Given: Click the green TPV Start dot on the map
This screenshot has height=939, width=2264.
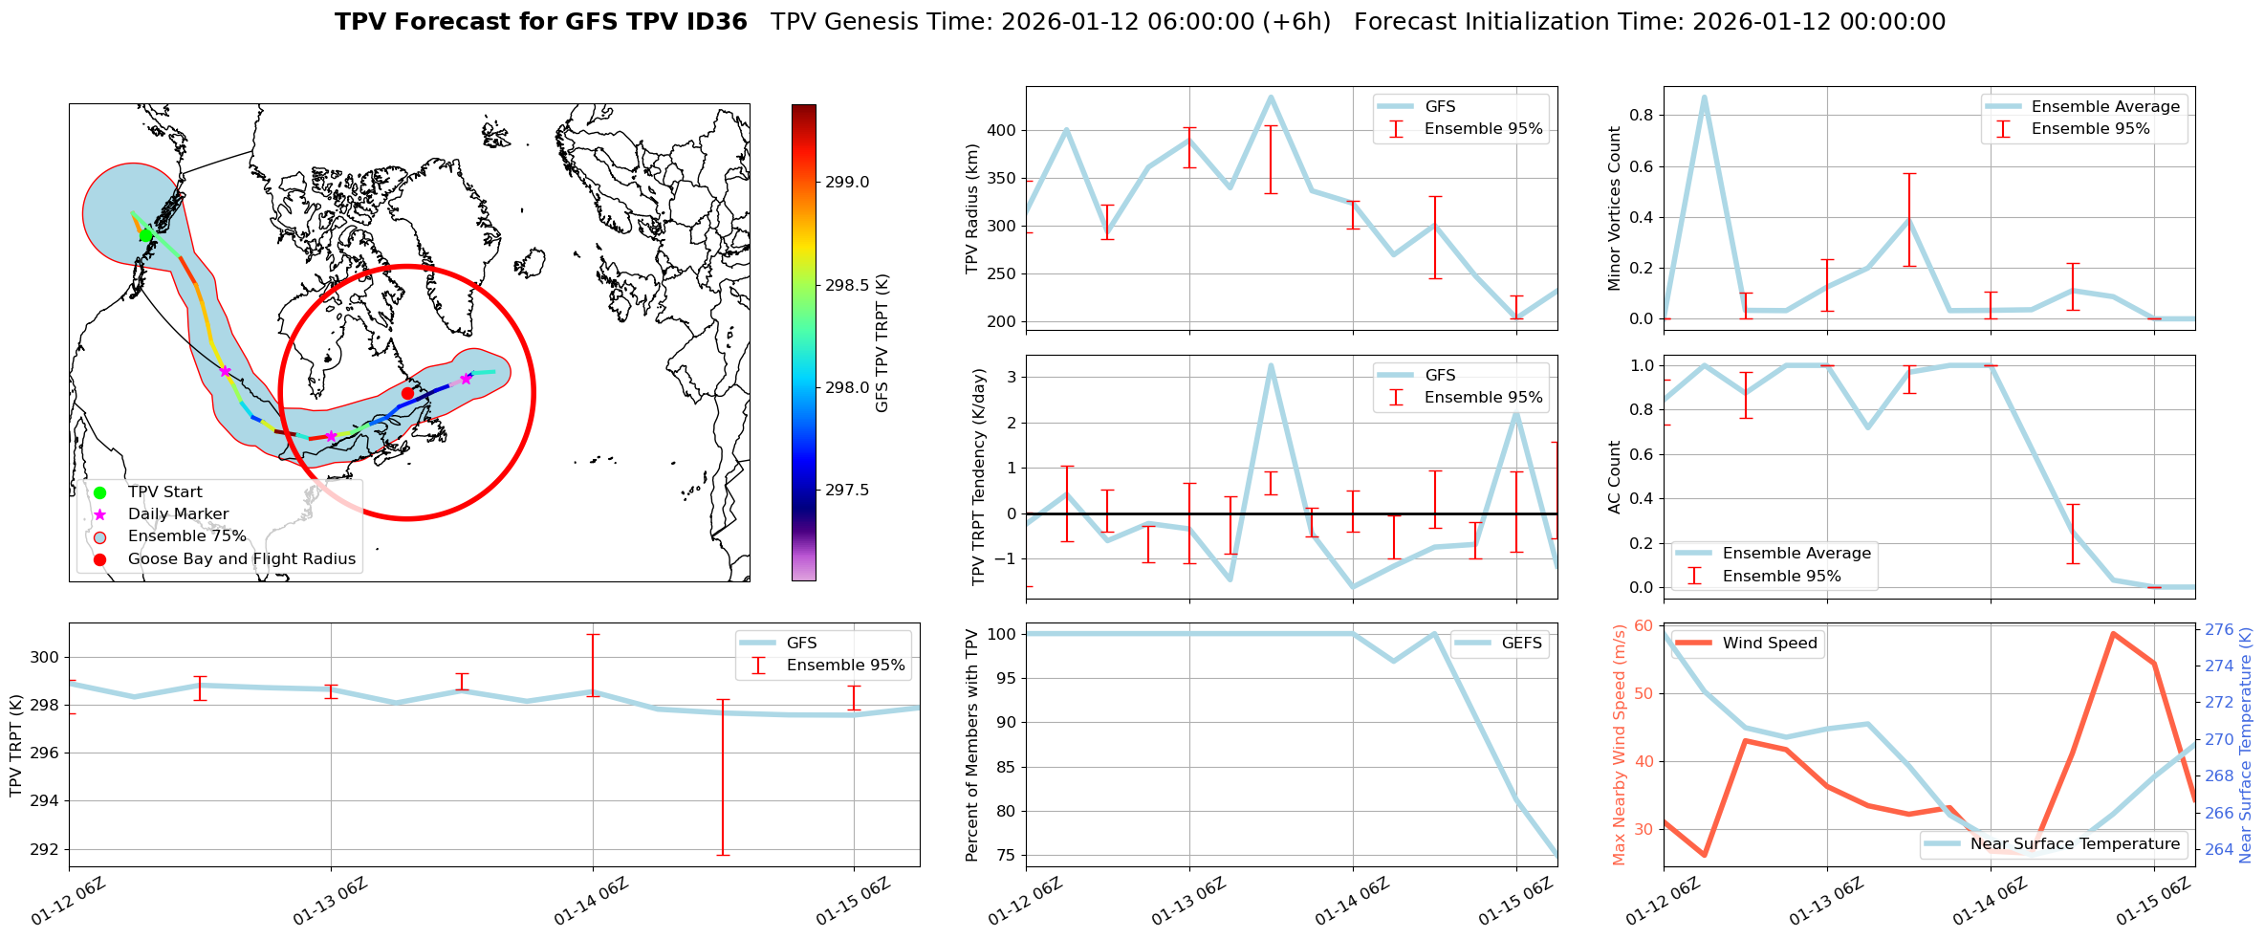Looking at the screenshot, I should pyautogui.click(x=145, y=235).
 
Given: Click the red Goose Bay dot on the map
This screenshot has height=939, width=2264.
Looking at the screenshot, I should pyautogui.click(x=407, y=393).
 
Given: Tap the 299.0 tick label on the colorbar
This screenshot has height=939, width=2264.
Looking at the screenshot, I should pyautogui.click(x=847, y=183).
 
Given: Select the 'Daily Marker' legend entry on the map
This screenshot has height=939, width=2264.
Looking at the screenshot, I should pyautogui.click(x=178, y=514).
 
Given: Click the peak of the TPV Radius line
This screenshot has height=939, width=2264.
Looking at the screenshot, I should pyautogui.click(x=1271, y=97).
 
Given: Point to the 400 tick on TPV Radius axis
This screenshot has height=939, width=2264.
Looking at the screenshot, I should pyautogui.click(x=1002, y=130).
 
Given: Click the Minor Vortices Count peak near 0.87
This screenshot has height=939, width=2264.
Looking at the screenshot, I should pyautogui.click(x=1704, y=97).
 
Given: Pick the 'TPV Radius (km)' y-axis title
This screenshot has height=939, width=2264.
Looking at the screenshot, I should pyautogui.click(x=972, y=208).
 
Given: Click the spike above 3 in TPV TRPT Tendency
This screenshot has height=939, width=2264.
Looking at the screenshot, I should pyautogui.click(x=1271, y=365).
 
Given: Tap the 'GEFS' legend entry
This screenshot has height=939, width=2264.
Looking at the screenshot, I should pyautogui.click(x=1521, y=644).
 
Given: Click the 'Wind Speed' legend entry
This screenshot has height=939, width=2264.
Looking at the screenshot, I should pyautogui.click(x=1769, y=644).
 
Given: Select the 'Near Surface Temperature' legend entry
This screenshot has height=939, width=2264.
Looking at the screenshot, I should pyautogui.click(x=2075, y=844).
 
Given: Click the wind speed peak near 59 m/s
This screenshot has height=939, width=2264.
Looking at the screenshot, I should pyautogui.click(x=2112, y=633).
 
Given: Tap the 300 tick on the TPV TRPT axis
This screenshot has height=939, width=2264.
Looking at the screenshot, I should pyautogui.click(x=44, y=658).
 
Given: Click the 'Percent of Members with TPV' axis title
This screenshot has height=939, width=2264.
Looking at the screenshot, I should pyautogui.click(x=972, y=745).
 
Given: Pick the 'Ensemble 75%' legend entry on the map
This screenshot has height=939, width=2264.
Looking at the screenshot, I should pyautogui.click(x=186, y=536).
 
